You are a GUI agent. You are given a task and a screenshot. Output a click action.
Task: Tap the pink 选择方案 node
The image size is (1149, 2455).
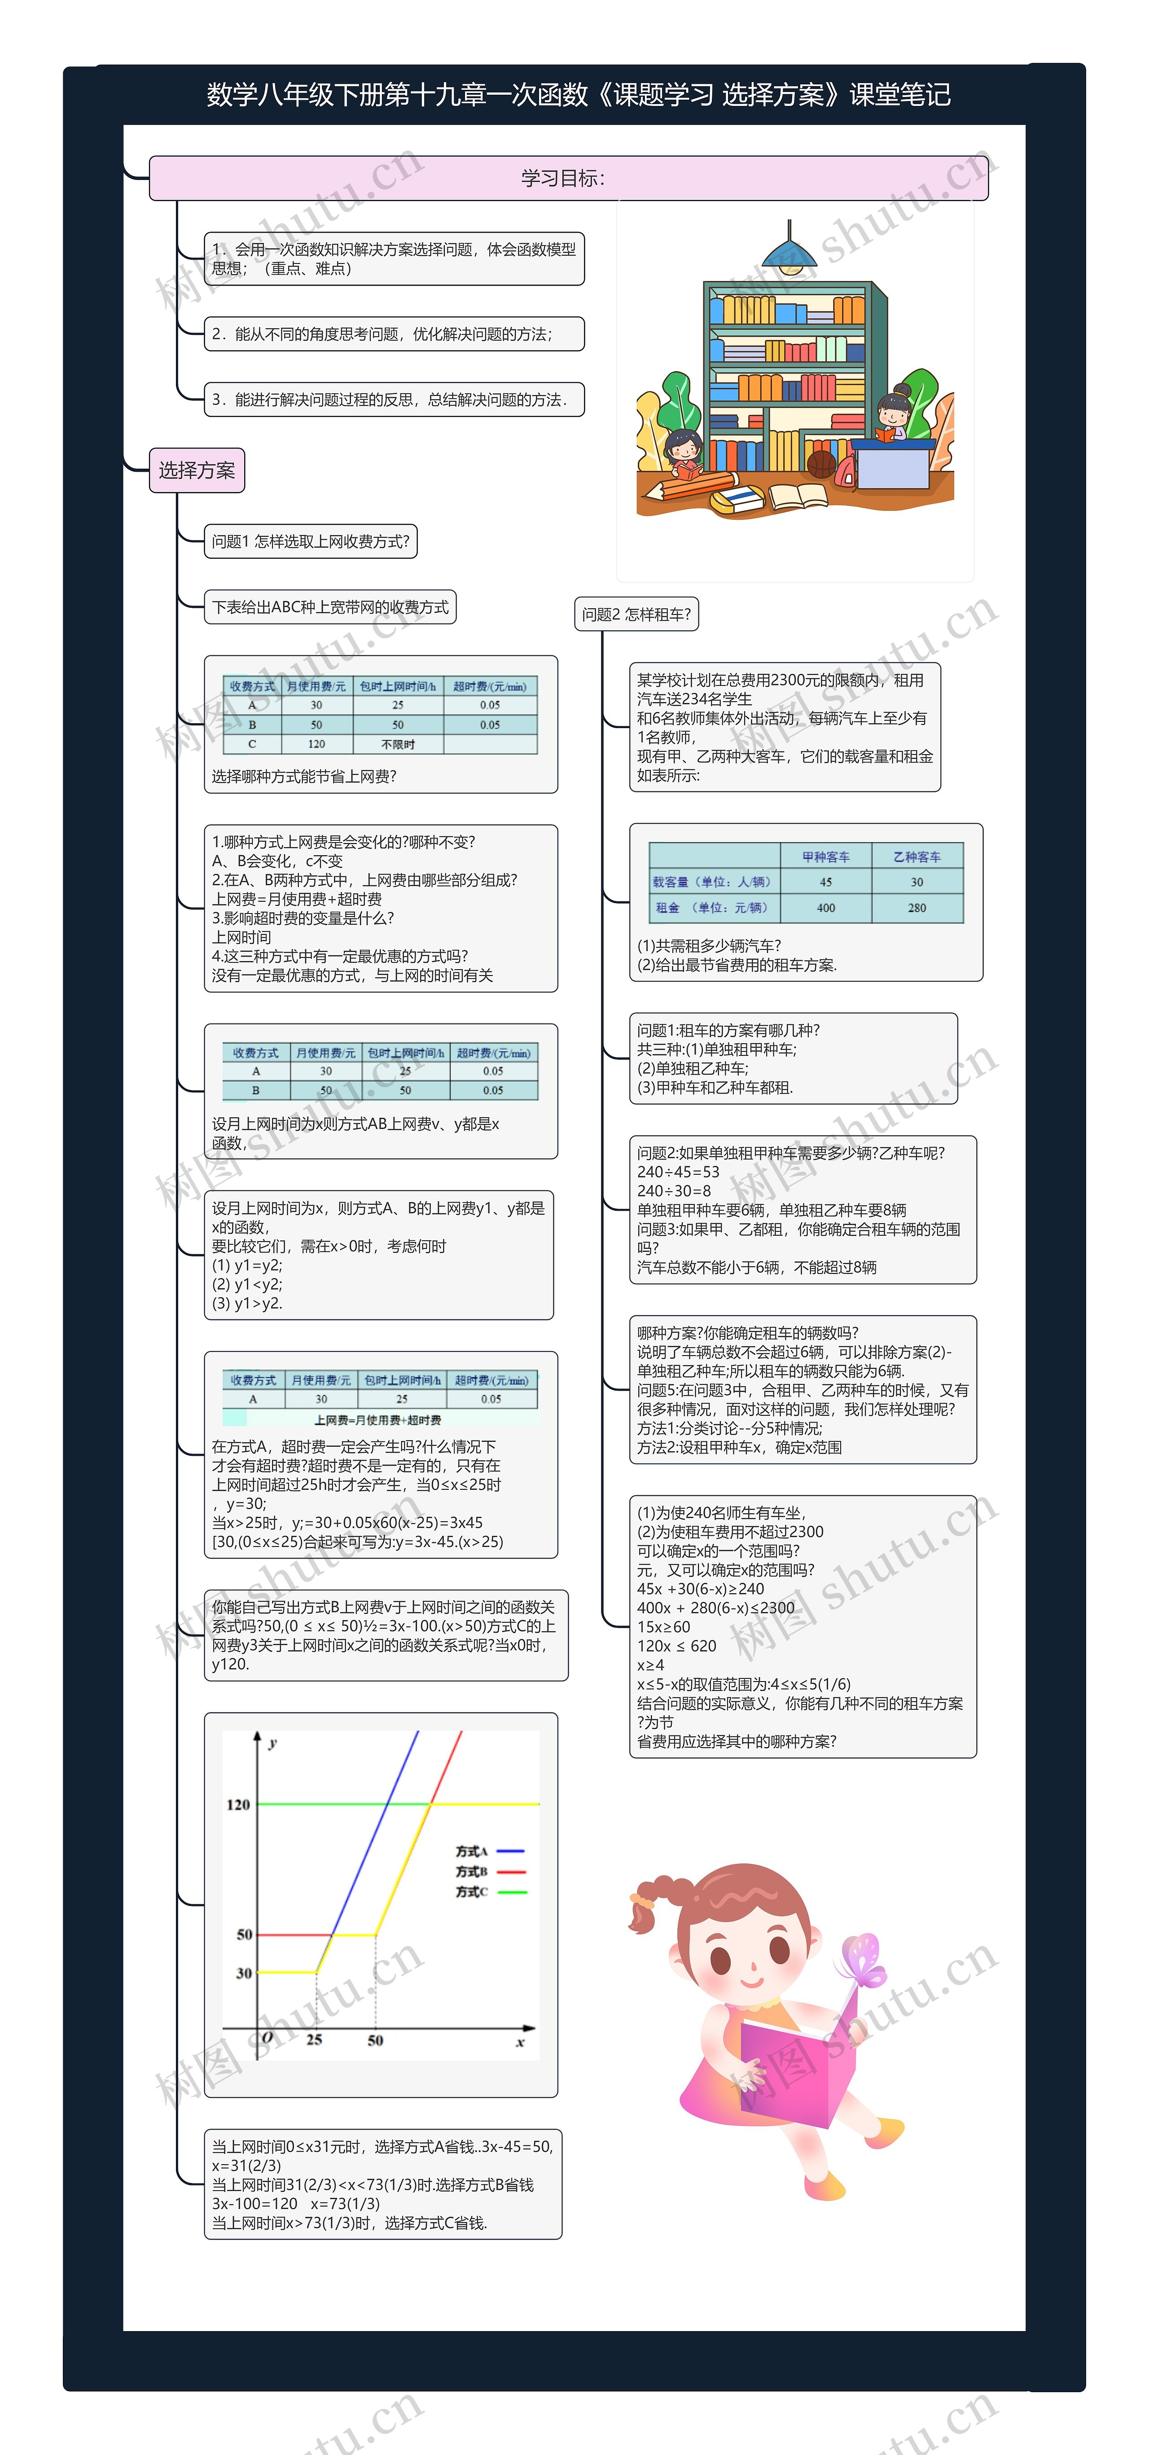pos(196,470)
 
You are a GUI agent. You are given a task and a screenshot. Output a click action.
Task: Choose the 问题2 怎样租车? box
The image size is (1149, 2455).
pos(636,614)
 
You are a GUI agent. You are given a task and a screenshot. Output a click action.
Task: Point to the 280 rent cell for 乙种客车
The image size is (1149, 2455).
pos(917,907)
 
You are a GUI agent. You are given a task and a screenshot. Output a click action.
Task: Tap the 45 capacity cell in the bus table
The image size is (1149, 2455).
pos(825,882)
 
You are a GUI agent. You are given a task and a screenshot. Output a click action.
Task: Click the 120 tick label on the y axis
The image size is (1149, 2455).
pos(238,1804)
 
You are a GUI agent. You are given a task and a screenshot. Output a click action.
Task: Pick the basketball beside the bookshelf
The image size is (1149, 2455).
pos(821,464)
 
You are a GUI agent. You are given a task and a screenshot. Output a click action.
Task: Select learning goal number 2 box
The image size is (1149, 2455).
pos(394,334)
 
